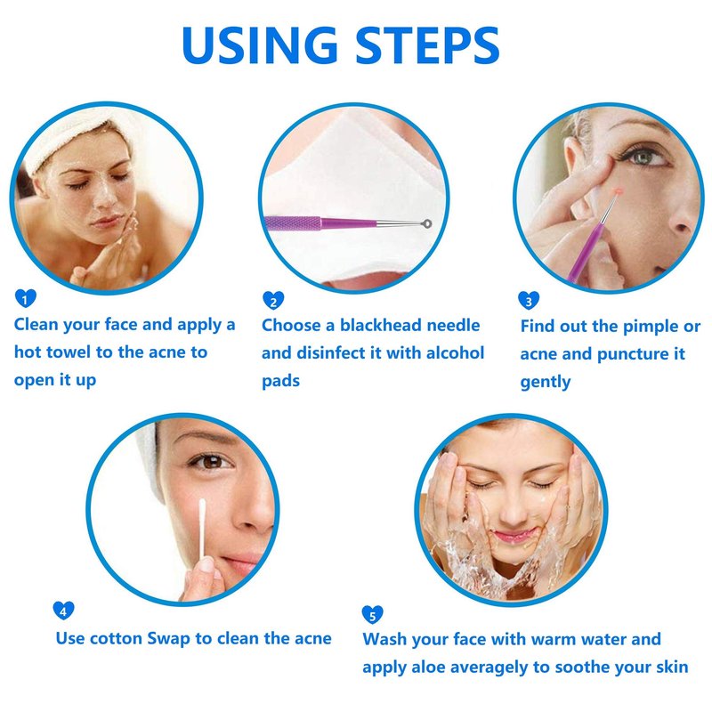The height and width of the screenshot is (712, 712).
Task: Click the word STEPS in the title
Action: (427, 45)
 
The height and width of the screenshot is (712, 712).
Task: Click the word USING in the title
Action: (260, 45)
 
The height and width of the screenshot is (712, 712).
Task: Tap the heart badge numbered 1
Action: (26, 298)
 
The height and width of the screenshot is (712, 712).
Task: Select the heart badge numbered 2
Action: (273, 300)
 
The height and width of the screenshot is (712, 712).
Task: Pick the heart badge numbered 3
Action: (529, 300)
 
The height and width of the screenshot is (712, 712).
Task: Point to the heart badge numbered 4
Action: (63, 611)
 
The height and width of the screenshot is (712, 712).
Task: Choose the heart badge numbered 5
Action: (372, 614)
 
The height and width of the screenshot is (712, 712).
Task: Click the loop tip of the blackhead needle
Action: (426, 223)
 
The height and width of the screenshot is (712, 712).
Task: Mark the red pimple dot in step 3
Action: (616, 192)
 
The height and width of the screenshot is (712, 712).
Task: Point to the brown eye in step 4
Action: (212, 462)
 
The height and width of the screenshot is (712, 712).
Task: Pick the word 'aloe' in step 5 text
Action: (428, 667)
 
